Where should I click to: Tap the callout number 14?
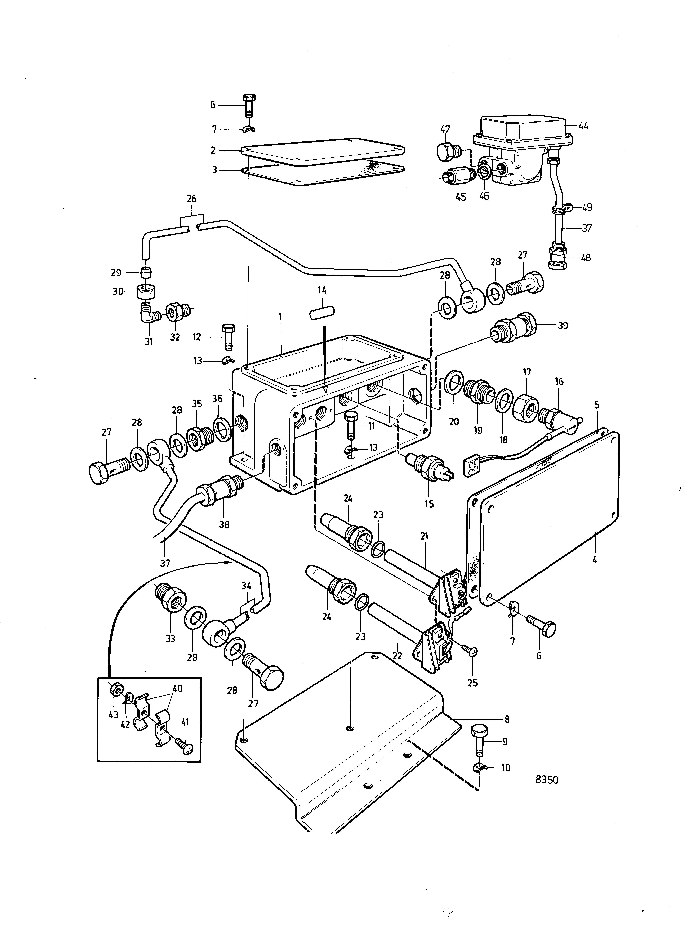[x=322, y=290]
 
